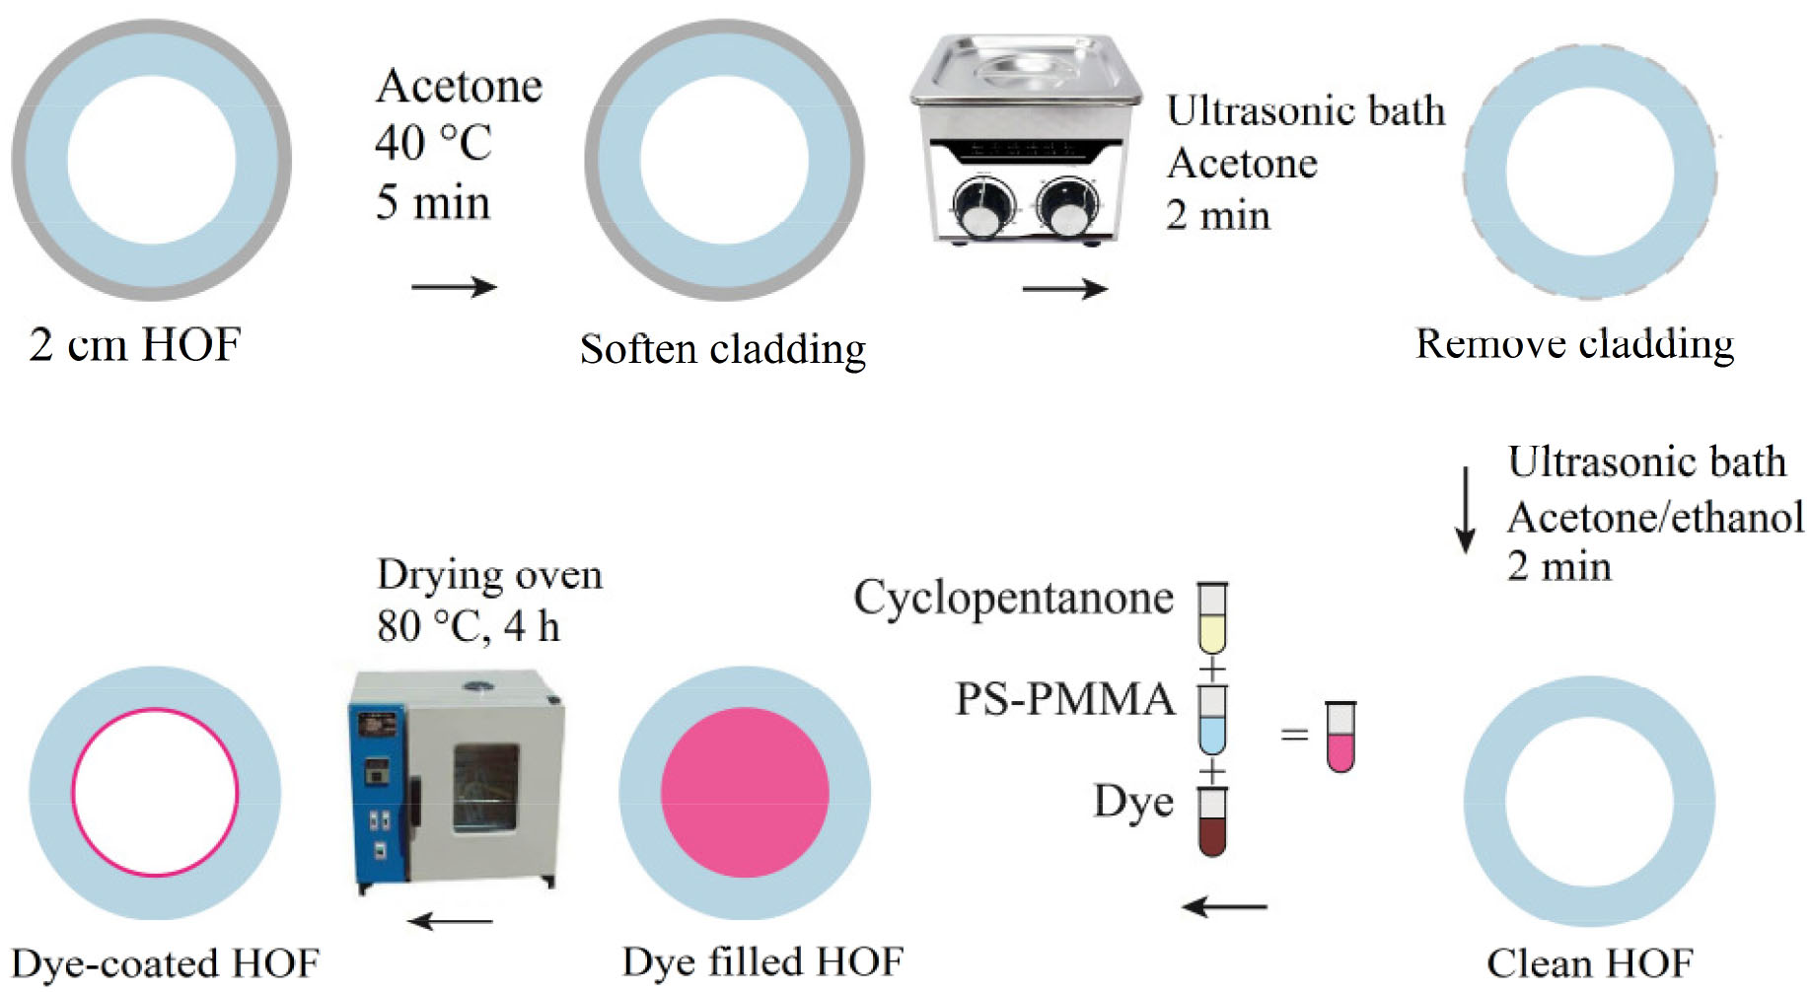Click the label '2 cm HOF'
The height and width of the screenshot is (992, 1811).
pyautogui.click(x=135, y=345)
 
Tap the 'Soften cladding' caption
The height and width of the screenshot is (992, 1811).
pyautogui.click(x=722, y=349)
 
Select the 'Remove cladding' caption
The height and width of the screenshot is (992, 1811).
pyautogui.click(x=1574, y=344)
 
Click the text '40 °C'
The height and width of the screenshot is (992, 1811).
pyautogui.click(x=433, y=143)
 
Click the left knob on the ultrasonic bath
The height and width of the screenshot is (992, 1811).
pyautogui.click(x=980, y=208)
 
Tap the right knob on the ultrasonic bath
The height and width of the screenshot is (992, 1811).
pyautogui.click(x=1067, y=206)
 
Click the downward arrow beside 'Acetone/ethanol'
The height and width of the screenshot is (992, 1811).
pyautogui.click(x=1466, y=510)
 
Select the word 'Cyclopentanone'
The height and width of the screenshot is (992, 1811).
pyautogui.click(x=1013, y=598)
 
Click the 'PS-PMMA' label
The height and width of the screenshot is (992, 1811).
pyautogui.click(x=1064, y=700)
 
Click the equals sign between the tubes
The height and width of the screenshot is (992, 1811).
pyautogui.click(x=1294, y=735)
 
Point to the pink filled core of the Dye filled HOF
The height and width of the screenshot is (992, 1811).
pyautogui.click(x=745, y=793)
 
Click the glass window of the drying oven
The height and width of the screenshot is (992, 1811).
pyautogui.click(x=485, y=788)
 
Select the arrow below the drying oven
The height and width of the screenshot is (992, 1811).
pyautogui.click(x=450, y=922)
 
